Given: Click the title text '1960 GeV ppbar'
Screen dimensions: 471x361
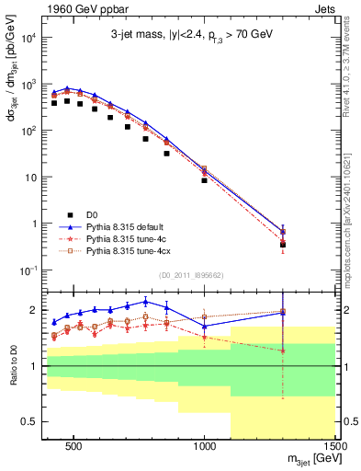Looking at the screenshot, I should (x=79, y=7).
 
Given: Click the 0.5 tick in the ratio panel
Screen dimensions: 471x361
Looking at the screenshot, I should (x=33, y=421).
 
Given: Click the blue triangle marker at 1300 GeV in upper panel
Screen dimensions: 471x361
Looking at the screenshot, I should (x=283, y=231).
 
